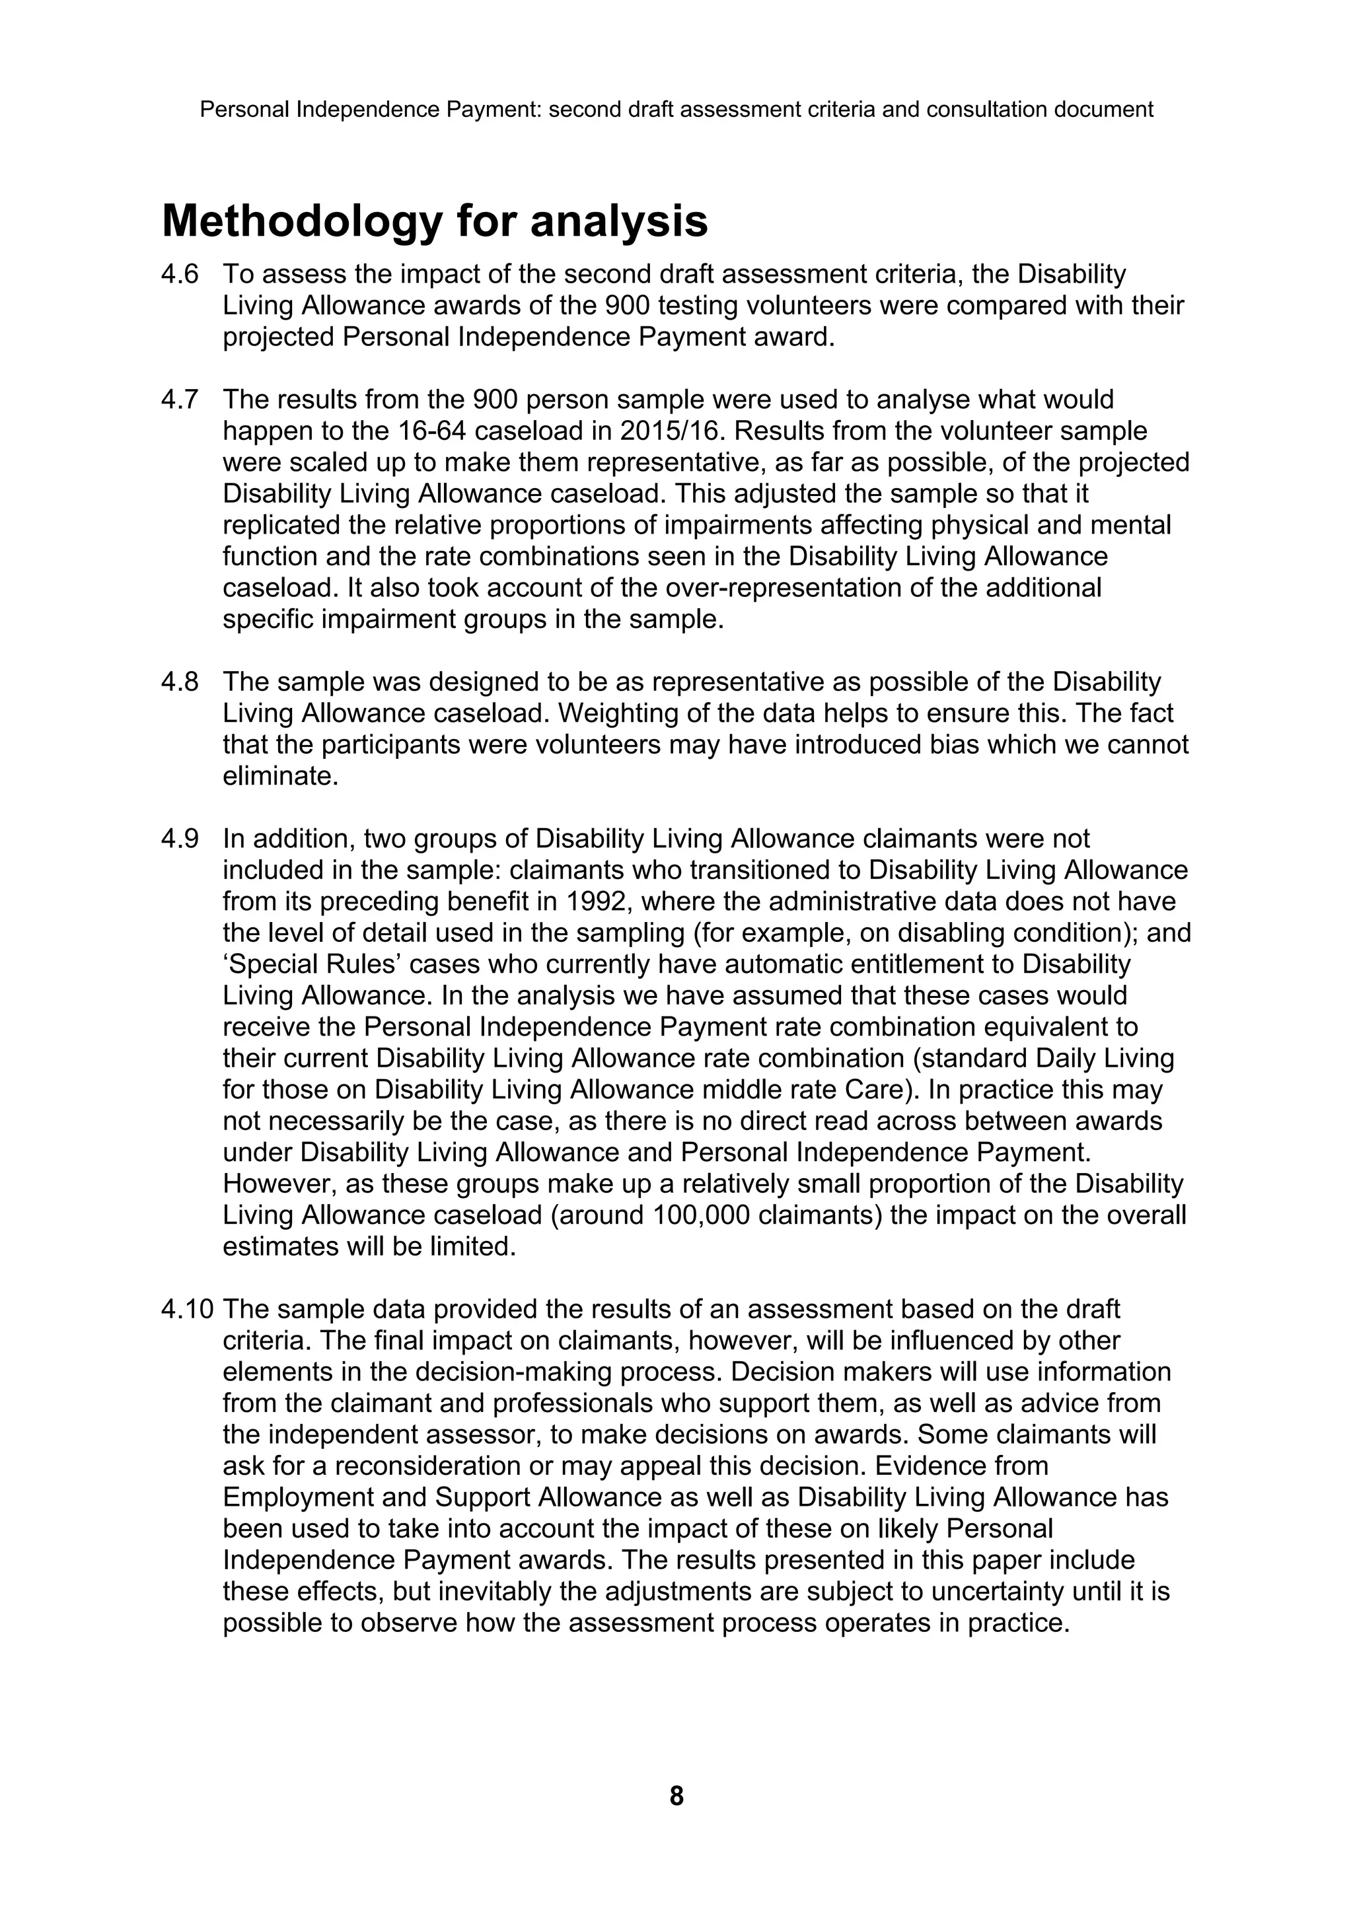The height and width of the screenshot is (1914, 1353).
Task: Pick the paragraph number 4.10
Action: (188, 1310)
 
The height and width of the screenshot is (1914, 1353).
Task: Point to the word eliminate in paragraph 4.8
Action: (280, 776)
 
